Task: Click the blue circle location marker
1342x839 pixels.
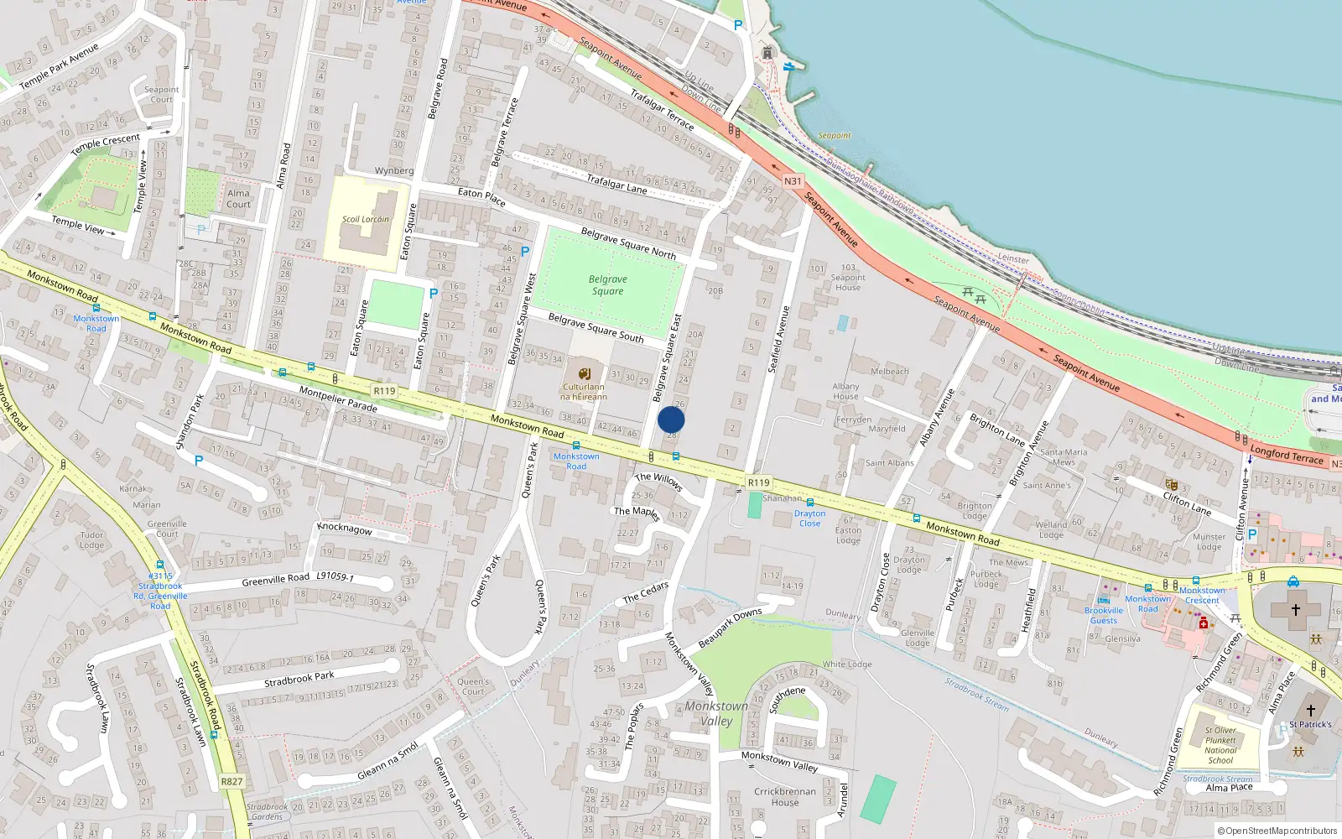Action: (671, 419)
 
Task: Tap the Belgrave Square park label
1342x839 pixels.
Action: (607, 285)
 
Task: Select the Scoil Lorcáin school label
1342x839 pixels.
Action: (365, 220)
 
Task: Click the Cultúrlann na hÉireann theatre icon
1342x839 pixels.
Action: (584, 373)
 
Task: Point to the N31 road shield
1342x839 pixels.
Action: (793, 181)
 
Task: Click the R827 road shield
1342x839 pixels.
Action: (231, 781)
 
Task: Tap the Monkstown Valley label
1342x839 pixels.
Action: (715, 713)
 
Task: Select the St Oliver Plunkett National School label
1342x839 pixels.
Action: (1220, 745)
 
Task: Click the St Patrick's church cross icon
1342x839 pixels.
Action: (1310, 710)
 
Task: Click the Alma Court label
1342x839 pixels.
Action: (238, 199)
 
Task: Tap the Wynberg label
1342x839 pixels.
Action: (394, 171)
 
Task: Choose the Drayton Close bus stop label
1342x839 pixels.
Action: (809, 519)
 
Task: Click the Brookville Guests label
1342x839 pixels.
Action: (1104, 616)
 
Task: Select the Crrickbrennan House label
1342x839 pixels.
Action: (785, 796)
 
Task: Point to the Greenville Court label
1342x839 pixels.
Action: (167, 529)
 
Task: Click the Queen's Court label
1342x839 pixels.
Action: (473, 686)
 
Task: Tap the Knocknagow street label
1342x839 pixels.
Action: (345, 529)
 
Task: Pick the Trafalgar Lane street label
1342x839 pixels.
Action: (616, 184)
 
